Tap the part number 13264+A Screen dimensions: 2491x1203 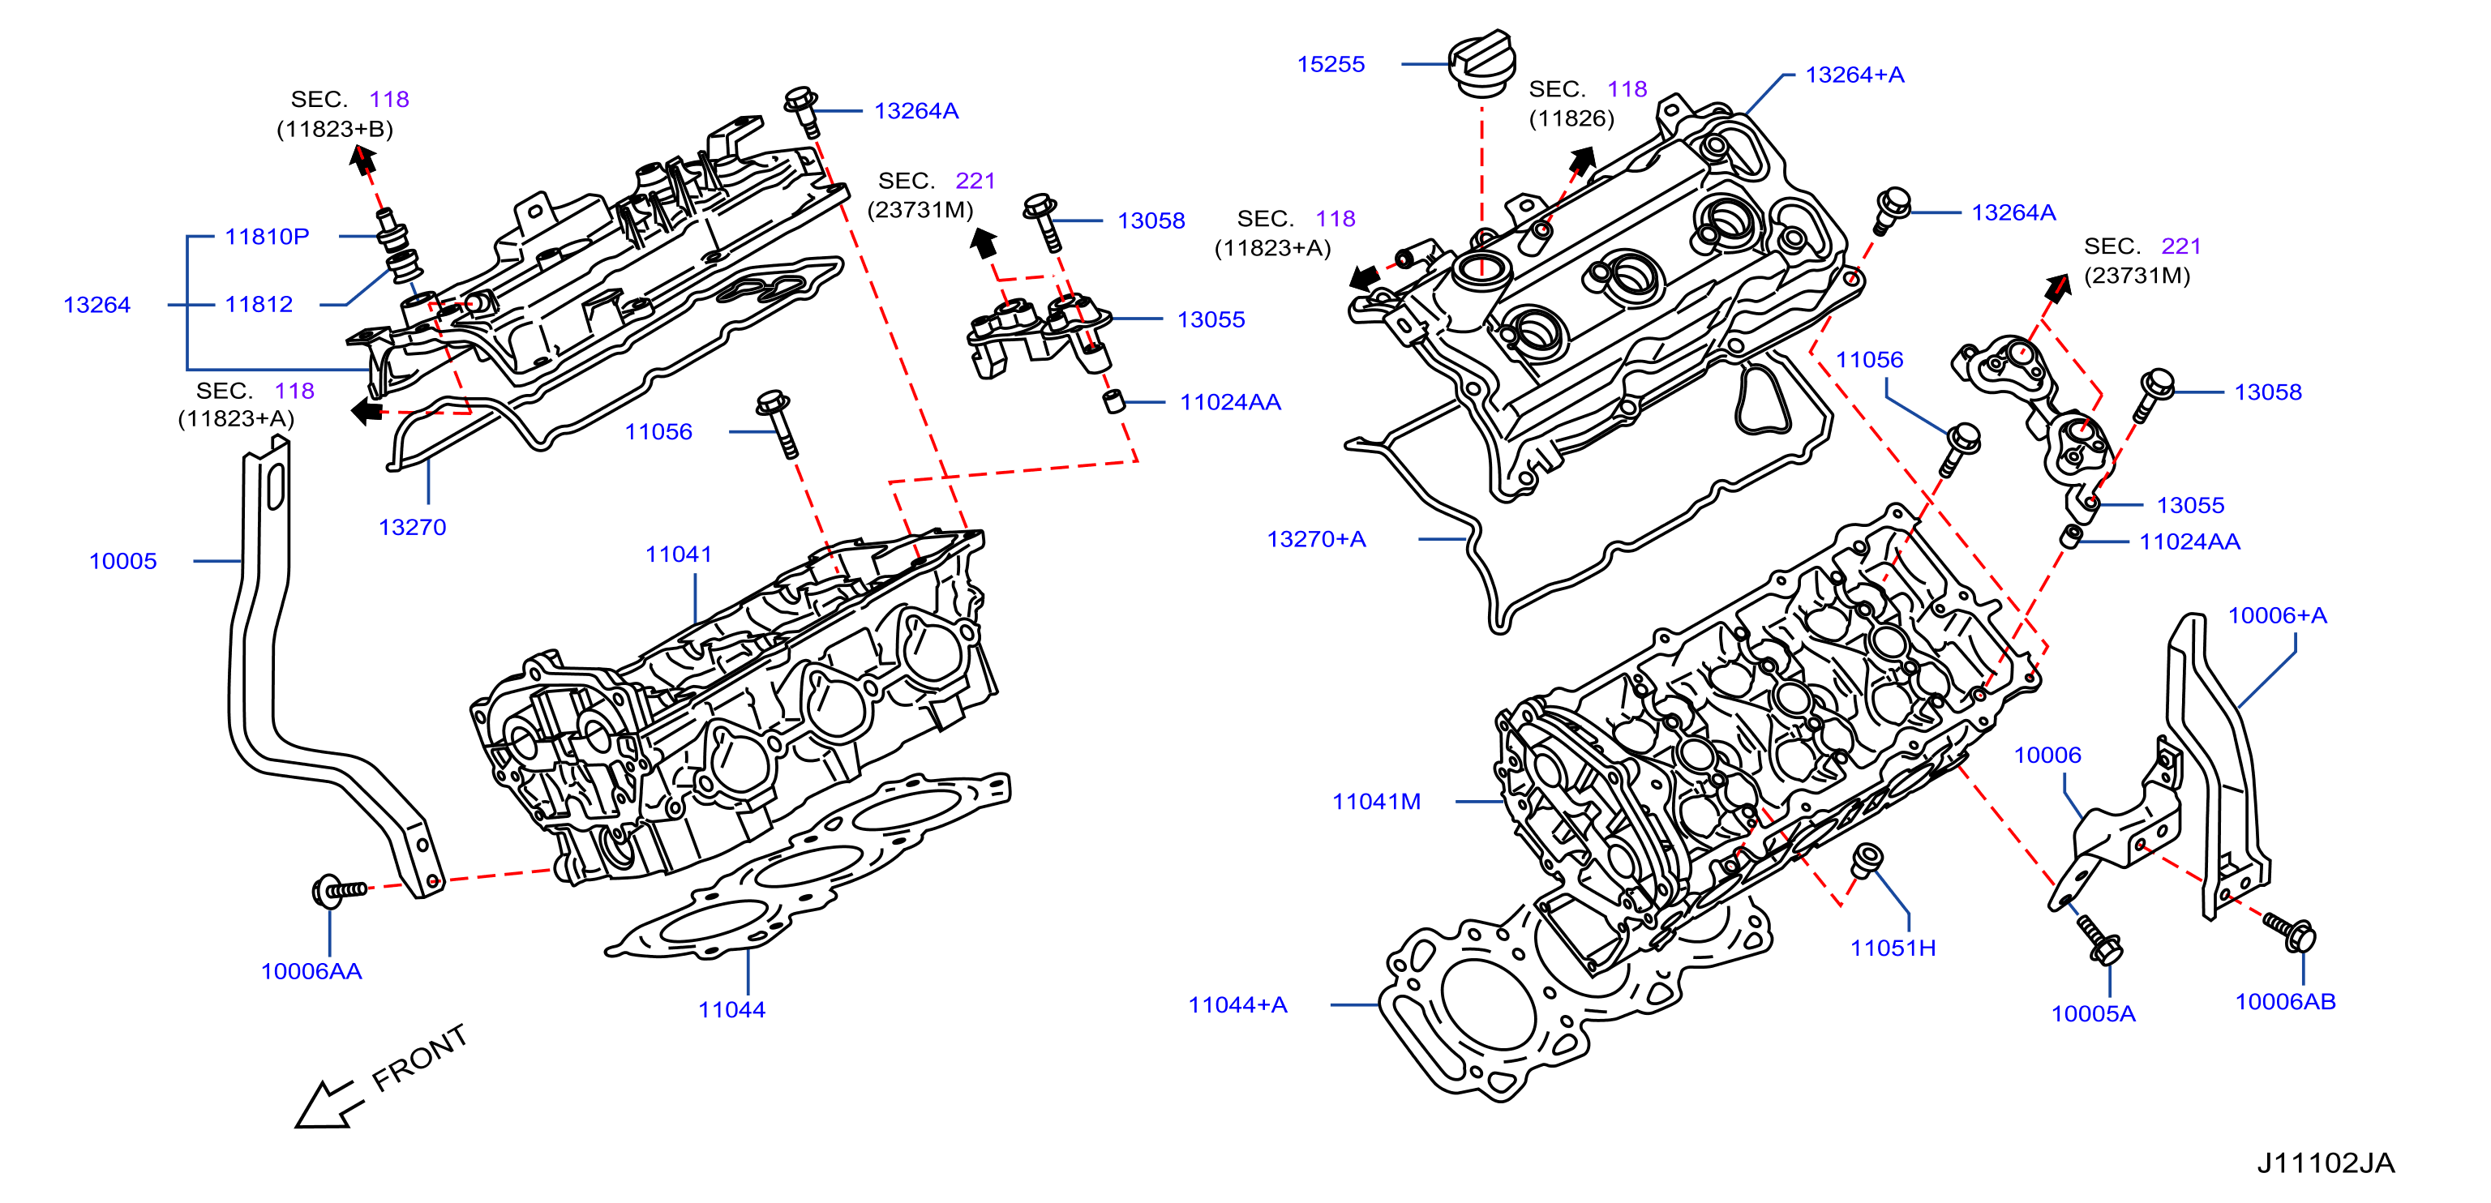click(1854, 75)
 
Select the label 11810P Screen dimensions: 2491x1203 click(267, 236)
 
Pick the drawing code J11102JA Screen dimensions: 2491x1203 click(2326, 1162)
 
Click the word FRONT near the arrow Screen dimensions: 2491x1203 click(420, 1058)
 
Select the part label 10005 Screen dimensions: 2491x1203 click(122, 561)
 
